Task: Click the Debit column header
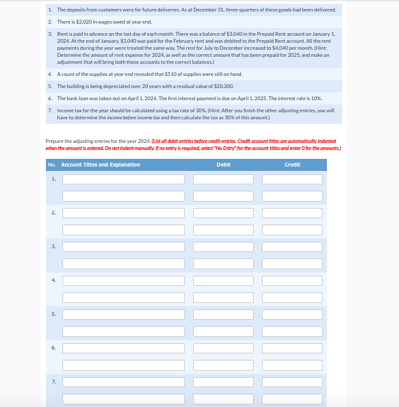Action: [x=224, y=165]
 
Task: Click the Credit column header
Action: [x=292, y=165]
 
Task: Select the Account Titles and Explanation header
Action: [x=100, y=165]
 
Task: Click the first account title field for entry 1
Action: [x=123, y=179]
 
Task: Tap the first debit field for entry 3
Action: [x=224, y=247]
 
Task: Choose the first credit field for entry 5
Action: [x=292, y=314]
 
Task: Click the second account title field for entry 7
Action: [x=123, y=399]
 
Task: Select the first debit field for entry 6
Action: [x=224, y=348]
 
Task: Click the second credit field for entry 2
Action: [x=292, y=230]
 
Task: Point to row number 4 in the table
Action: [x=53, y=280]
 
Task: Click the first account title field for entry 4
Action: [x=123, y=281]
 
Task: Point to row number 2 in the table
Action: [x=53, y=212]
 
